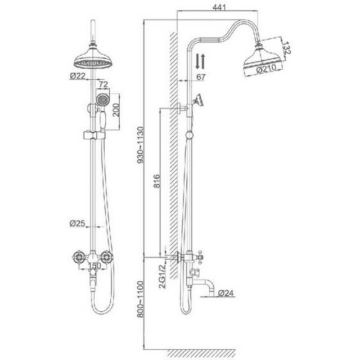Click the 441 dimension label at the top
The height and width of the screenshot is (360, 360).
219,7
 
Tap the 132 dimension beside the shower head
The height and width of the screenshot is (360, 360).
286,48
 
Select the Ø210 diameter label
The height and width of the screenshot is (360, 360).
266,69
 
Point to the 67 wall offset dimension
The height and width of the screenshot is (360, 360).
201,76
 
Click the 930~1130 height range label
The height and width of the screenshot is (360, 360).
140,145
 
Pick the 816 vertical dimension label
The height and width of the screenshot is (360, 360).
156,181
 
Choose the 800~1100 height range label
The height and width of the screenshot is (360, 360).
140,299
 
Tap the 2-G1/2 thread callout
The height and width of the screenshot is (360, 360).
163,276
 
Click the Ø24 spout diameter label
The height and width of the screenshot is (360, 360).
226,293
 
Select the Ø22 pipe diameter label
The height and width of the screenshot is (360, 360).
78,75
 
